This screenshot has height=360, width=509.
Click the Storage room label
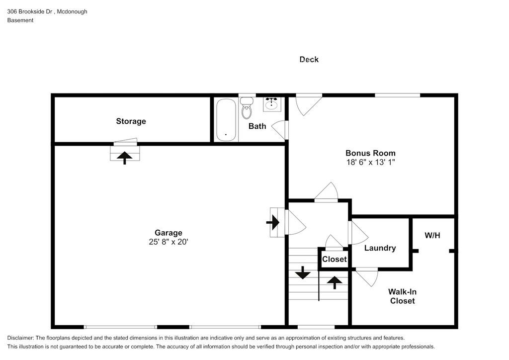pos(131,121)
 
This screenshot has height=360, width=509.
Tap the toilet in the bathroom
pos(247,108)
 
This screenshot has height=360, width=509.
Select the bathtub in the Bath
pos(226,120)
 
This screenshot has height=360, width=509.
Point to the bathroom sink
pos(272,104)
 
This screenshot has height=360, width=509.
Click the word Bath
pos(257,126)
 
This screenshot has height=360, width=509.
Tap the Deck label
pos(309,59)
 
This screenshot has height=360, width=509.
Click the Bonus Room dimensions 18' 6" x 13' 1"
pos(370,162)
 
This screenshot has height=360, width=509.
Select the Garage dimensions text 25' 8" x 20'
pos(169,242)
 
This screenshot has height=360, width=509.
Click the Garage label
pos(168,233)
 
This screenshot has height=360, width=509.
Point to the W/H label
pos(432,235)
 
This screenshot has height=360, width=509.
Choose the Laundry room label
pos(380,248)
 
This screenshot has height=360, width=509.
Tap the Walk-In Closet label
pos(402,296)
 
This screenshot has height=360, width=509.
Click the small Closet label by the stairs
pos(335,259)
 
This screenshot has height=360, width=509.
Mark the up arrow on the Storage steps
pos(125,158)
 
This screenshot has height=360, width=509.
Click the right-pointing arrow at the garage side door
pos(273,222)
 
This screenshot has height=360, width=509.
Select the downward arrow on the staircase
pos(303,273)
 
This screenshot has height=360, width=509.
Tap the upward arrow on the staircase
pos(335,282)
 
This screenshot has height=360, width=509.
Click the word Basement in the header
pos(20,20)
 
